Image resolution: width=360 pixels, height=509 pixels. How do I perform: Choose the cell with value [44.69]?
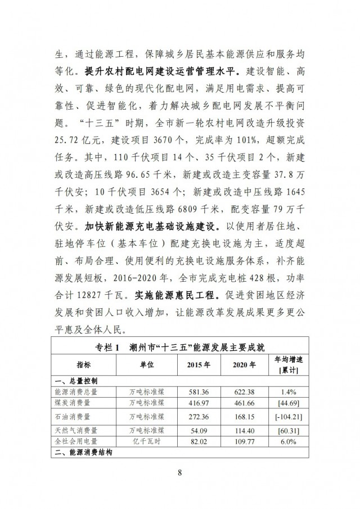[289, 403]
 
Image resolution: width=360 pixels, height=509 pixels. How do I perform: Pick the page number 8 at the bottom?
[180, 472]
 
